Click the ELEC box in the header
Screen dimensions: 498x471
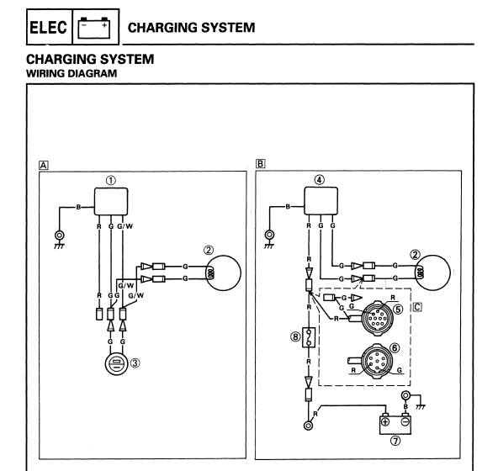point(50,27)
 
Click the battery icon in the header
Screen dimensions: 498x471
point(94,28)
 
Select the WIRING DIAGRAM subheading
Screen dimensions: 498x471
point(72,73)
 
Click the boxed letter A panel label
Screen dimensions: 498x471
point(44,165)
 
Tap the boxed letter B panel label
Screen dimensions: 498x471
point(260,163)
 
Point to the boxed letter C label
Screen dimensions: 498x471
point(417,307)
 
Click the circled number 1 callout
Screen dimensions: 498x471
point(110,181)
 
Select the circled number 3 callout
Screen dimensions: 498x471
point(135,363)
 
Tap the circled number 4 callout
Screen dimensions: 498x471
point(319,180)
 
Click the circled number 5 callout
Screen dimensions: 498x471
point(398,309)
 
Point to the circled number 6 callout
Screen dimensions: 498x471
point(395,348)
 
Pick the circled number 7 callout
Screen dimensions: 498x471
point(395,441)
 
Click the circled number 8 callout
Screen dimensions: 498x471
point(295,336)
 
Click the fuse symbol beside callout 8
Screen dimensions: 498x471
point(309,337)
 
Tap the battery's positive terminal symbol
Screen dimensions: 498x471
point(385,421)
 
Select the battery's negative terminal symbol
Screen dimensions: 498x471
point(405,421)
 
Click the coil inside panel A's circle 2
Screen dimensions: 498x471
point(210,273)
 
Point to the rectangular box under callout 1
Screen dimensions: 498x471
point(111,201)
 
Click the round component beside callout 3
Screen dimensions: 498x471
point(116,363)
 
